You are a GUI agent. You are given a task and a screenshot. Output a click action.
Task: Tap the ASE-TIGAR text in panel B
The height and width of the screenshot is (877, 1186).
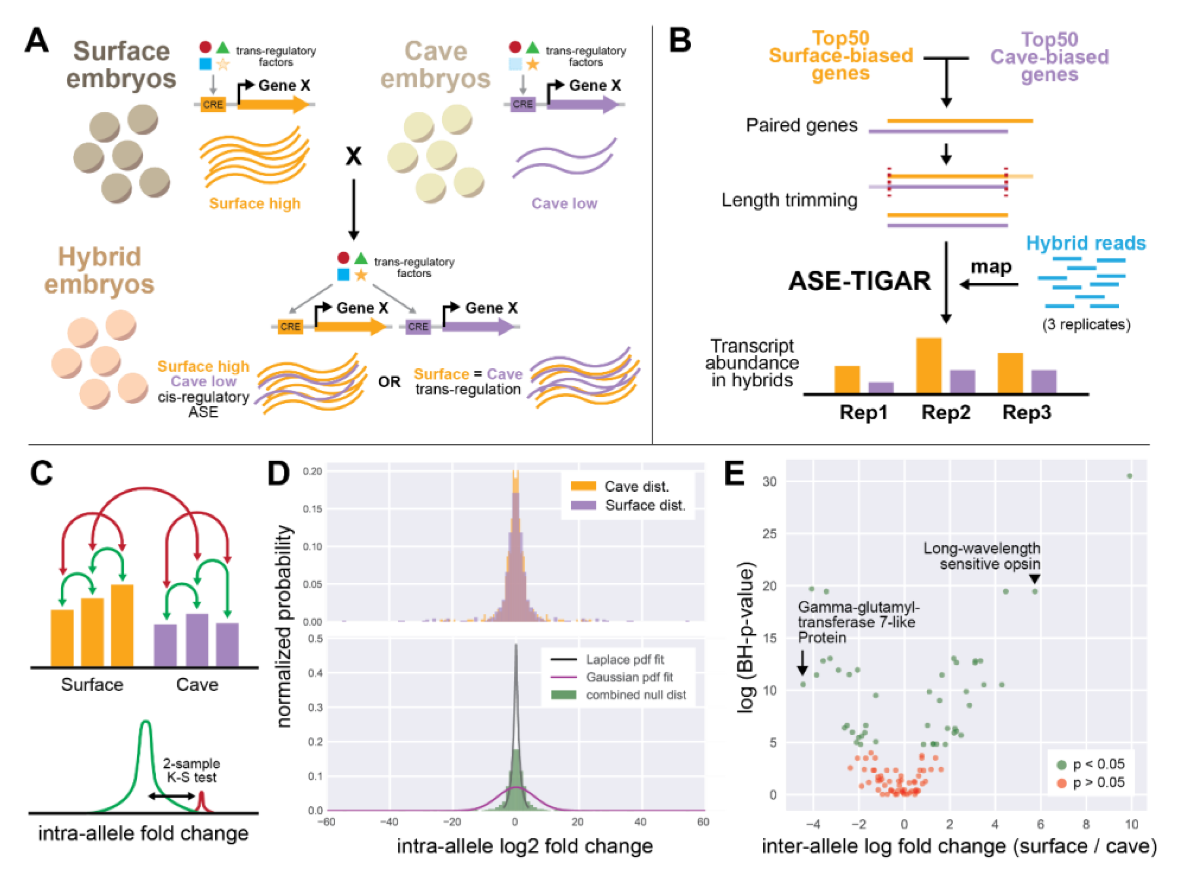point(859,281)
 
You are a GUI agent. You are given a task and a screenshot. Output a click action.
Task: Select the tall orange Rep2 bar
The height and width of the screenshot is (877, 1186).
point(929,365)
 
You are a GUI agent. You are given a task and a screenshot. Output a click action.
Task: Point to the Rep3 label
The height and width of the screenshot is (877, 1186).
point(1026,413)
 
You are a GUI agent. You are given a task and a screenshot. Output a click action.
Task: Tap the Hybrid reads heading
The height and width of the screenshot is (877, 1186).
point(1086,243)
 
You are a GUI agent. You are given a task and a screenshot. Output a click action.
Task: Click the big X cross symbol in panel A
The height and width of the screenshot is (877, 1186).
point(354,156)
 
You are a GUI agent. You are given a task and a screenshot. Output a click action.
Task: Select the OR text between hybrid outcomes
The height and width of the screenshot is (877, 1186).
point(389,382)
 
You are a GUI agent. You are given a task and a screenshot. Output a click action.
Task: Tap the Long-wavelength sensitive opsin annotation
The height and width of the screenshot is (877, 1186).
point(981,556)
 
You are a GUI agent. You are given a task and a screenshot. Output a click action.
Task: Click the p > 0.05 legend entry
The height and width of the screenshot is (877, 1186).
point(1098,783)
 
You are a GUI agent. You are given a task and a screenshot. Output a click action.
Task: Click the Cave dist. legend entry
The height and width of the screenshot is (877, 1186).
point(636,486)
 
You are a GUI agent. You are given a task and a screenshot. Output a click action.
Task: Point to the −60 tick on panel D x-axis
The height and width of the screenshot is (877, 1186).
point(326,822)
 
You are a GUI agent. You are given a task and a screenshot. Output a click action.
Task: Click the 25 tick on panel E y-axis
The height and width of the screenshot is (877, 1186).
point(770,534)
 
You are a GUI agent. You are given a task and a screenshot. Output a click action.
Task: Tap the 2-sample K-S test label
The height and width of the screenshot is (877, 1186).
point(191,770)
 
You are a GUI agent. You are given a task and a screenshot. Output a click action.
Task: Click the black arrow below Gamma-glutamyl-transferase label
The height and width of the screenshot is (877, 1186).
point(802,663)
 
